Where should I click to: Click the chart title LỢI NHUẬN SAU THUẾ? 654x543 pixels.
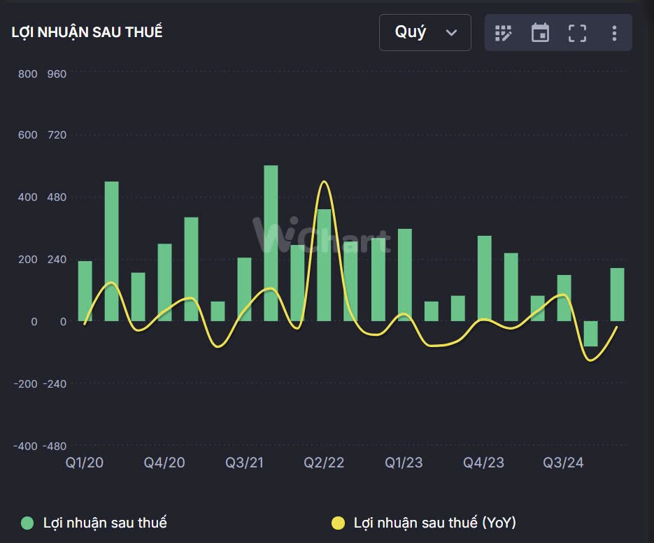coord(87,32)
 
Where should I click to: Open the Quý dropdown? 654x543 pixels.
coord(425,32)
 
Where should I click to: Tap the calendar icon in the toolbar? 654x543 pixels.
coord(540,33)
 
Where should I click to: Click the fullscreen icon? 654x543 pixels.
coord(577,33)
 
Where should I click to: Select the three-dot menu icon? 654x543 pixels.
coord(614,33)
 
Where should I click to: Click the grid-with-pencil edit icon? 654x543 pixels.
coord(504,33)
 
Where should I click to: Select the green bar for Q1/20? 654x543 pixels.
coord(85,291)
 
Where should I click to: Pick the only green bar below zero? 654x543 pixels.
coord(590,334)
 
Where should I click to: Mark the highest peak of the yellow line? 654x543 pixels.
coord(323,182)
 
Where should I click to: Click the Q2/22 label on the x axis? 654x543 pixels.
coord(324,463)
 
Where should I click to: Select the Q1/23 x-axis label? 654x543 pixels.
coord(404,463)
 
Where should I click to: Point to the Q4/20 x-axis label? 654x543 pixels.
coord(164,463)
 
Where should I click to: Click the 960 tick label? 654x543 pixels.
coord(57,73)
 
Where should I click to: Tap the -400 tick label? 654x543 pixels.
coord(24,446)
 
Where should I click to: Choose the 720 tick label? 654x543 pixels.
coord(57,135)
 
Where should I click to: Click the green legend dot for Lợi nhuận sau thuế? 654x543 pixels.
coord(27,523)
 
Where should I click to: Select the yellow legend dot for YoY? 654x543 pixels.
coord(338,523)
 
